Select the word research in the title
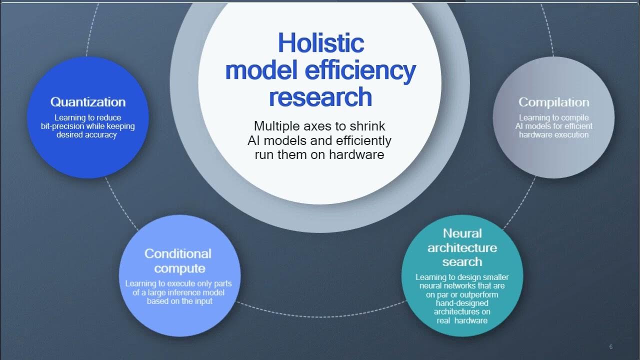click(320, 97)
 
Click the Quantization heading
click(88, 102)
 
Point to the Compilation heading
click(553, 102)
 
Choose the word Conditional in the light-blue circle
click(178, 254)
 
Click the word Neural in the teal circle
click(462, 233)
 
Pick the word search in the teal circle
click(462, 261)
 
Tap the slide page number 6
click(611, 347)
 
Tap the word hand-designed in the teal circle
click(462, 303)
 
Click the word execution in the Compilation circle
click(570, 135)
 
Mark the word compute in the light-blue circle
click(179, 268)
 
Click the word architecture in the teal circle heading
click(462, 247)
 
